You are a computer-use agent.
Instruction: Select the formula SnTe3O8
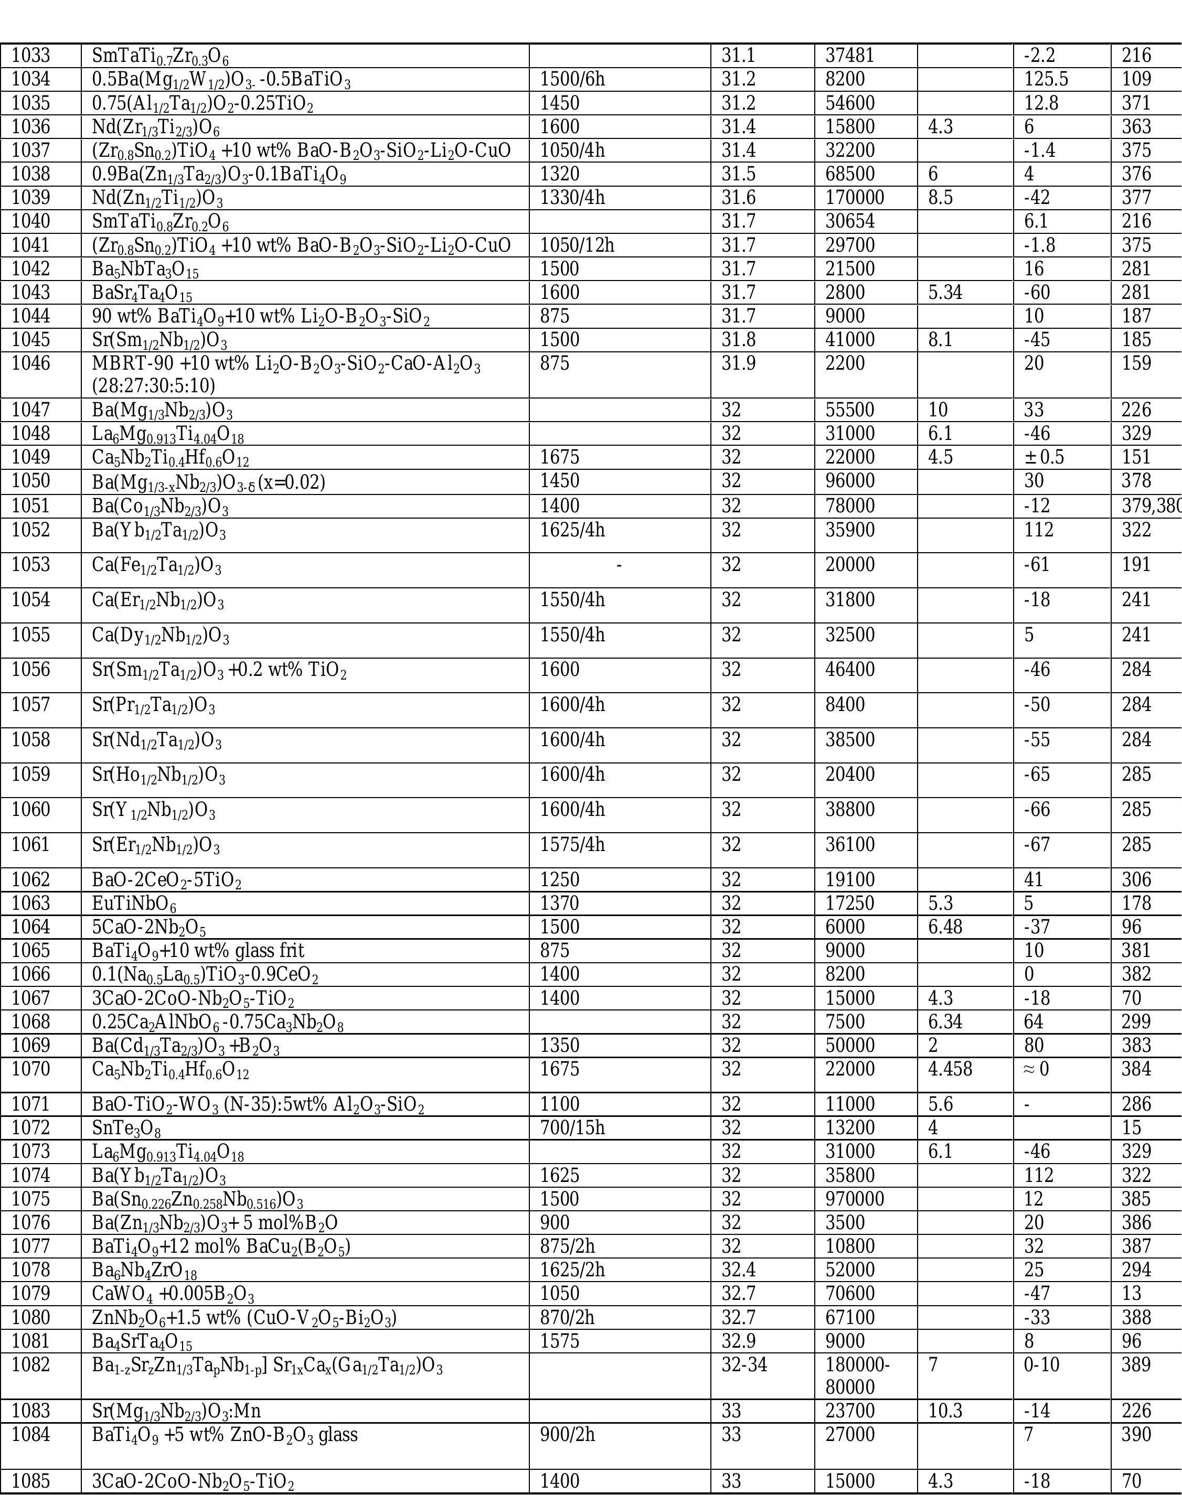(x=126, y=1128)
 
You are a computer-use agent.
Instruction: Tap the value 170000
(x=855, y=198)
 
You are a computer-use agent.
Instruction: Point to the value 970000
(x=855, y=1199)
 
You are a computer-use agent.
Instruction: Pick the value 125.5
(x=1046, y=79)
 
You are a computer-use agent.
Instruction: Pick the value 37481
(x=850, y=56)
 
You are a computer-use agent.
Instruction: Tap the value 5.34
(x=946, y=293)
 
